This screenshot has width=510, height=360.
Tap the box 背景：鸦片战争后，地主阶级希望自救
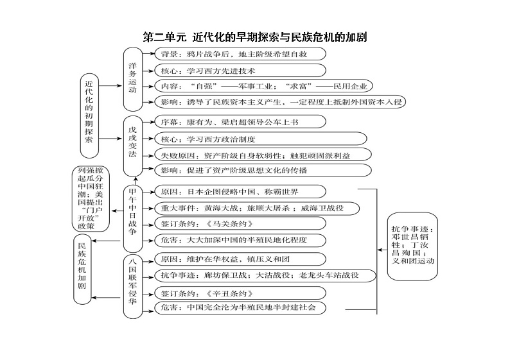[237, 54]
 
